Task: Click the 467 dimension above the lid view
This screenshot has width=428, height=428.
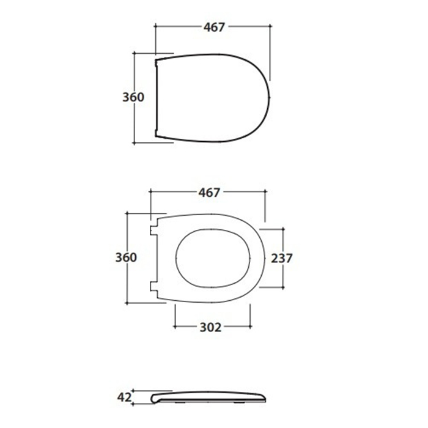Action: [x=214, y=27]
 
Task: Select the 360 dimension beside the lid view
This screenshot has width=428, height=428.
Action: [x=133, y=97]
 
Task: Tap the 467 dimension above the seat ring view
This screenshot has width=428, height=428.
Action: [x=209, y=193]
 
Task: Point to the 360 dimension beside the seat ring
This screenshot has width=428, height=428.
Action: [x=126, y=257]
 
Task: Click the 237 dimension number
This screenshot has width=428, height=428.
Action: [x=282, y=258]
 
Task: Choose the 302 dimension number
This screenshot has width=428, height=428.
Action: [x=210, y=327]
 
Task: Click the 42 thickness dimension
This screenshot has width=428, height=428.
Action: [x=124, y=397]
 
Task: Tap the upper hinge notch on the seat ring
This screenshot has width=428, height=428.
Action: [x=154, y=231]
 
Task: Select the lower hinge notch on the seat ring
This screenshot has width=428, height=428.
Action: [x=154, y=287]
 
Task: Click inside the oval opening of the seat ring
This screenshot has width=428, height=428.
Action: [x=213, y=258]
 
